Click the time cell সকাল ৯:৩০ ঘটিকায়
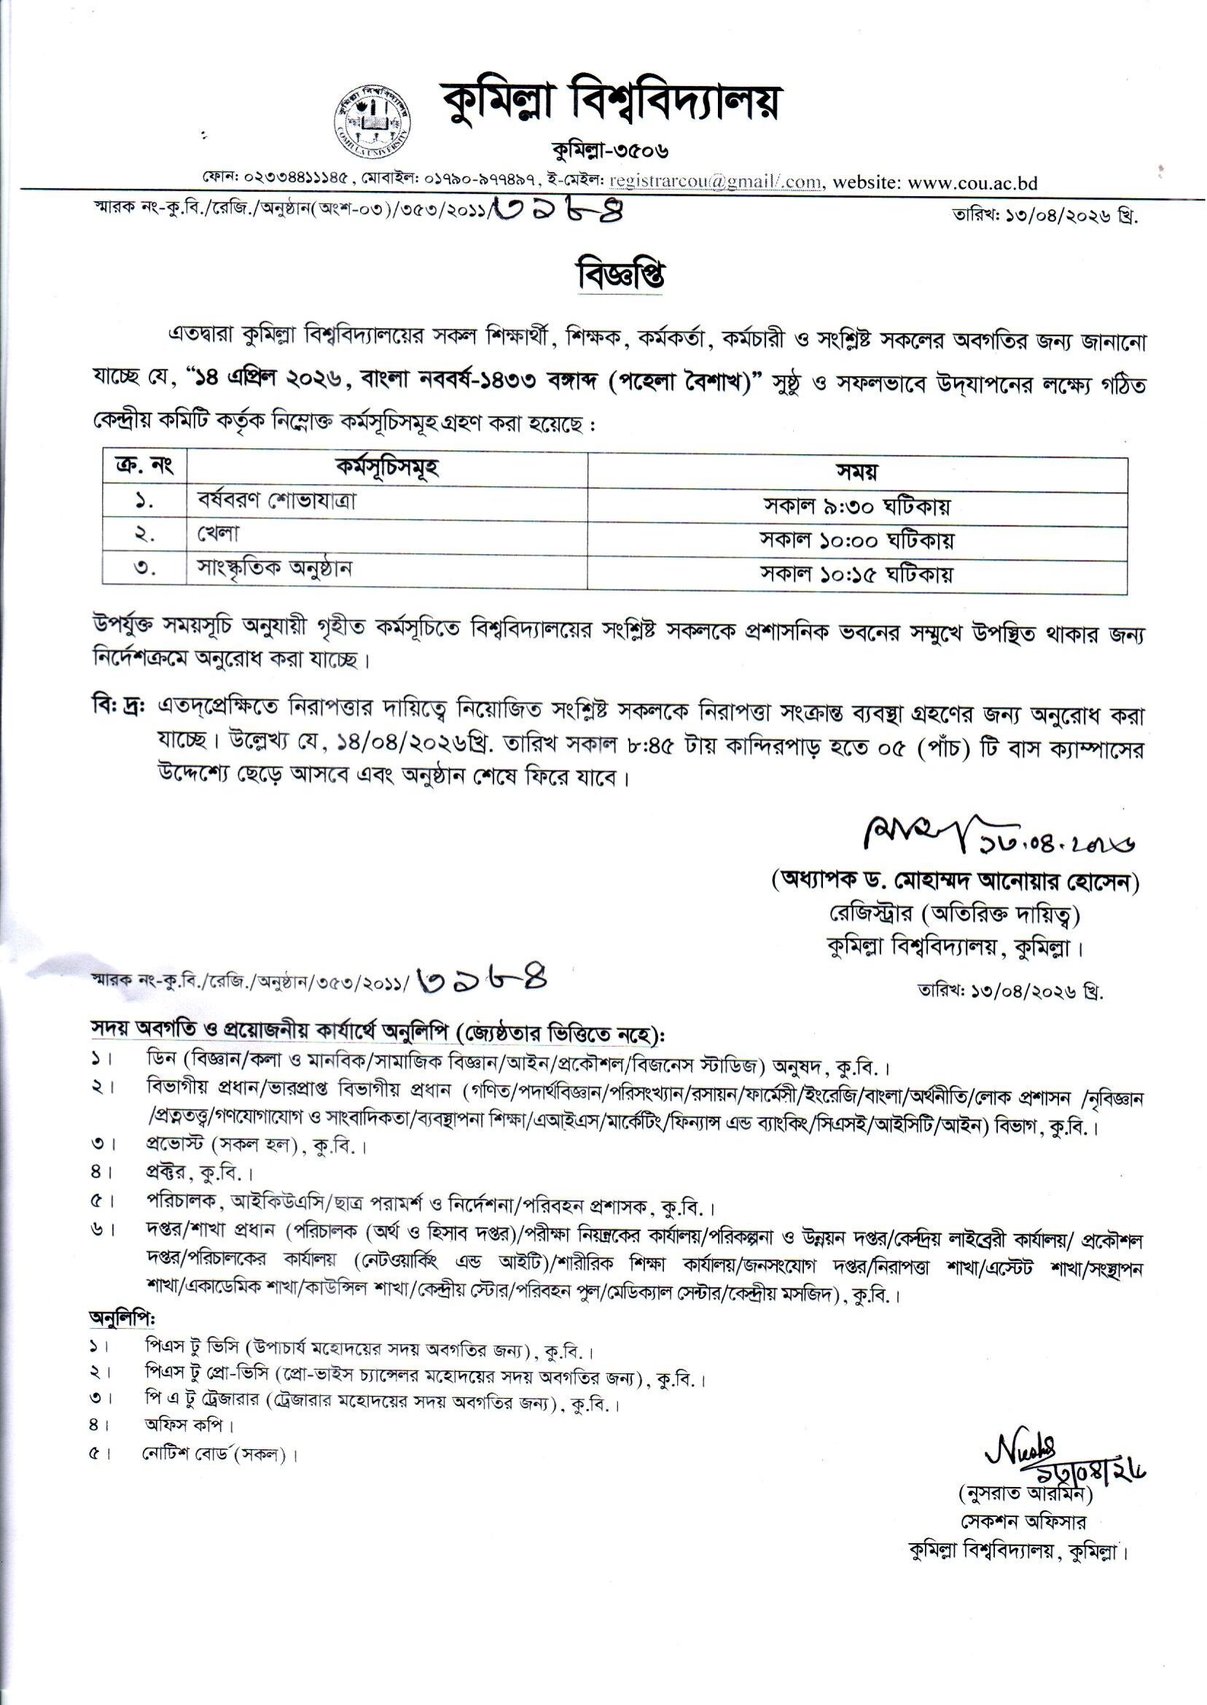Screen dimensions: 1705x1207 coord(857,506)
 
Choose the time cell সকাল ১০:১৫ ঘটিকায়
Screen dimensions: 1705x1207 coord(857,574)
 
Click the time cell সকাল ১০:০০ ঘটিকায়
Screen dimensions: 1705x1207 coord(857,540)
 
